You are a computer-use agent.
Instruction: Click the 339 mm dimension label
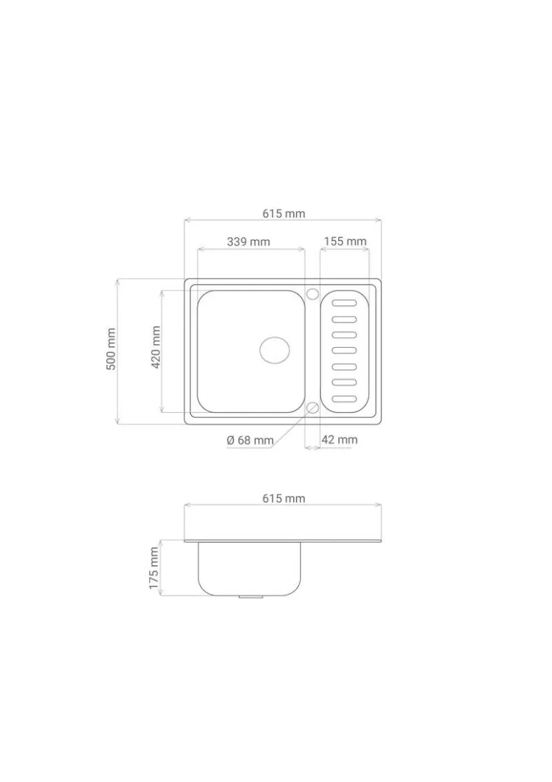click(248, 242)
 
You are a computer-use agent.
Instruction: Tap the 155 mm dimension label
click(345, 242)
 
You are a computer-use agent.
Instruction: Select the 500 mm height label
click(111, 348)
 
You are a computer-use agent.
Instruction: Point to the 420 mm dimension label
click(156, 347)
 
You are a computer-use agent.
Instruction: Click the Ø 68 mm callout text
click(250, 441)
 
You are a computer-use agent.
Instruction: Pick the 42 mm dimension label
click(339, 440)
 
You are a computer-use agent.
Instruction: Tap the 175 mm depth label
click(154, 568)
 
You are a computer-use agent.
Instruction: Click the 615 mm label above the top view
click(284, 214)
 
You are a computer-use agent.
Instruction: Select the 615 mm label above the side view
click(284, 498)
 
